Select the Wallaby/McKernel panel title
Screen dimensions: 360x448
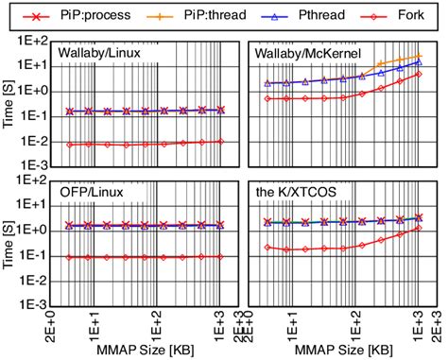pos(302,54)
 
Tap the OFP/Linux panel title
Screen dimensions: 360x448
pos(85,195)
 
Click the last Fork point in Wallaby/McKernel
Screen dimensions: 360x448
pos(419,74)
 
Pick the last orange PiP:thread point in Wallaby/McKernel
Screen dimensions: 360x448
pos(419,56)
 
